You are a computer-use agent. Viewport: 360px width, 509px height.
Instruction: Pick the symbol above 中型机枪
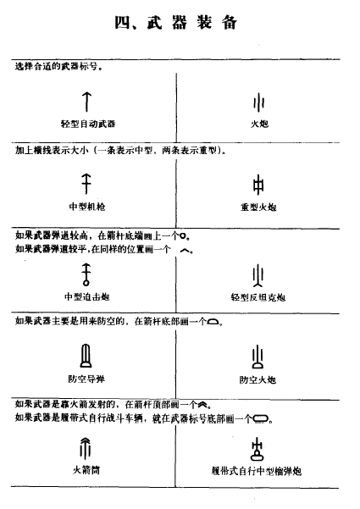(x=86, y=182)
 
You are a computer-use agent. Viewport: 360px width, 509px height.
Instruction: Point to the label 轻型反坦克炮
(x=259, y=296)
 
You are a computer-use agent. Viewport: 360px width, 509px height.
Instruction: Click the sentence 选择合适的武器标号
(x=58, y=66)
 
